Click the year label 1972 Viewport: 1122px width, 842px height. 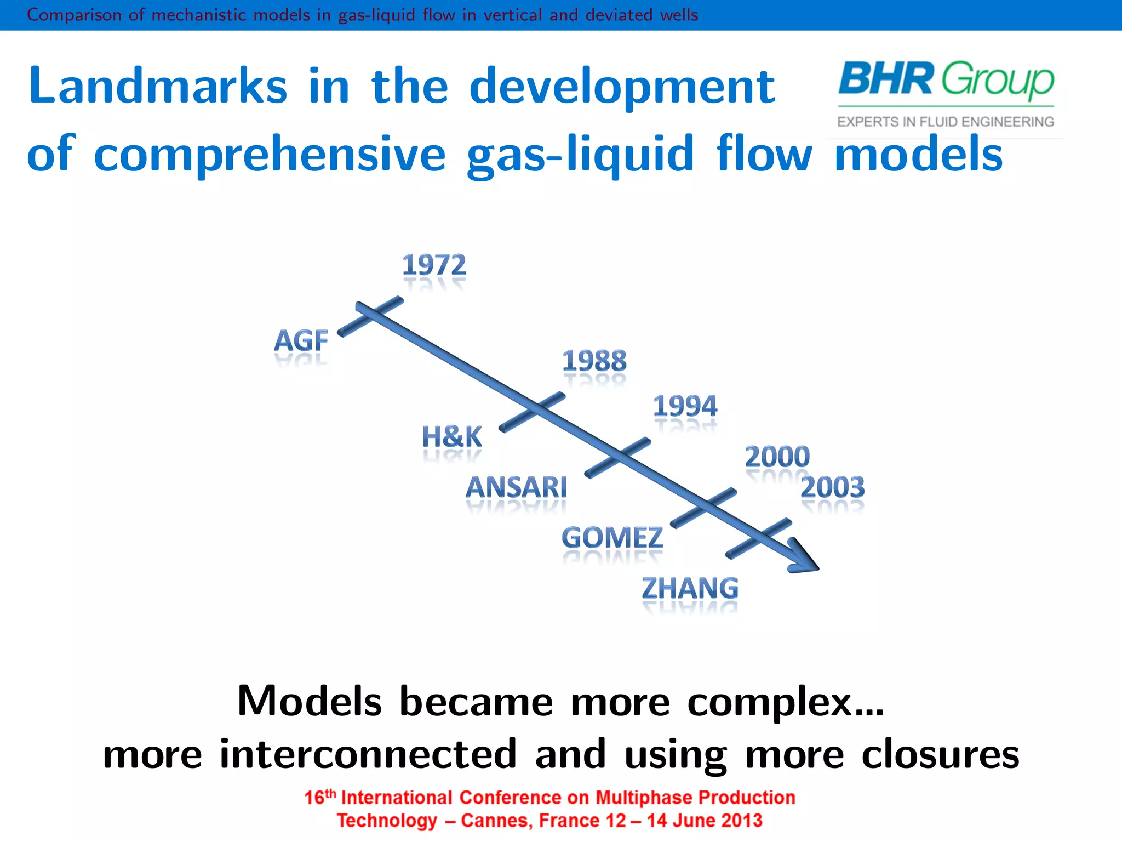coord(434,265)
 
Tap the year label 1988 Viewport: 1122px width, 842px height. coord(594,361)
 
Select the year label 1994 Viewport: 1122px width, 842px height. coord(685,406)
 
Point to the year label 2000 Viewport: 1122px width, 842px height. coord(777,457)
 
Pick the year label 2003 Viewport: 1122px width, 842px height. coord(832,487)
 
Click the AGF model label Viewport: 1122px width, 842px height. coord(301,341)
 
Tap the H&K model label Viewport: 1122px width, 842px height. coord(452,437)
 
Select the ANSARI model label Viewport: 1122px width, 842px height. coord(516,487)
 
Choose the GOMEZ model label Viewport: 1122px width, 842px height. coord(612,538)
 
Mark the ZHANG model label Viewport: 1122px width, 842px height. coord(690,588)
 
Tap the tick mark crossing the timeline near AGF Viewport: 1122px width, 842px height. coord(371,316)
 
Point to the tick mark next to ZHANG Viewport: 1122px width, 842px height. coord(759,538)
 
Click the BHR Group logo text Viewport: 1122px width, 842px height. coord(946,79)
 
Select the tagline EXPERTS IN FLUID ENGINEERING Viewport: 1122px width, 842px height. coord(946,122)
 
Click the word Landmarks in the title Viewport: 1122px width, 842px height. coord(158,86)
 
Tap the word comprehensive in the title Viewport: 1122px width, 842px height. coord(270,155)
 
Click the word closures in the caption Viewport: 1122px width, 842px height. coord(940,755)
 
